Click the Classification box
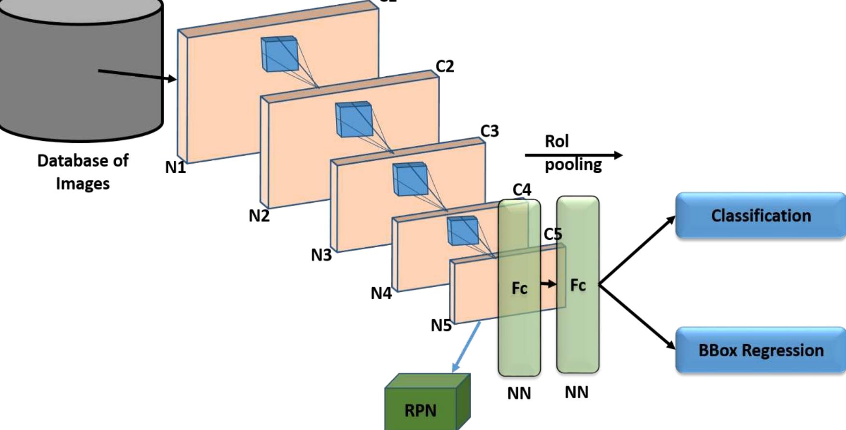coord(761,215)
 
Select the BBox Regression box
coord(761,350)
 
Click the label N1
coord(175,167)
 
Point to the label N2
coord(259,216)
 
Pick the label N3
coord(321,255)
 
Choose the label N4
coord(381,293)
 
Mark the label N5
coord(441,326)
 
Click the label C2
coord(444,66)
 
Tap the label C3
coord(489,131)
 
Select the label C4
coord(522,190)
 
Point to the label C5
coord(553,234)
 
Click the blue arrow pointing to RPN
coord(466,347)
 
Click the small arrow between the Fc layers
coord(548,284)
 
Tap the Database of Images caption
coord(83,172)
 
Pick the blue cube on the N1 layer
coord(279,54)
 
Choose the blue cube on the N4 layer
coord(463,231)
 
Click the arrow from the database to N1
coord(138,75)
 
